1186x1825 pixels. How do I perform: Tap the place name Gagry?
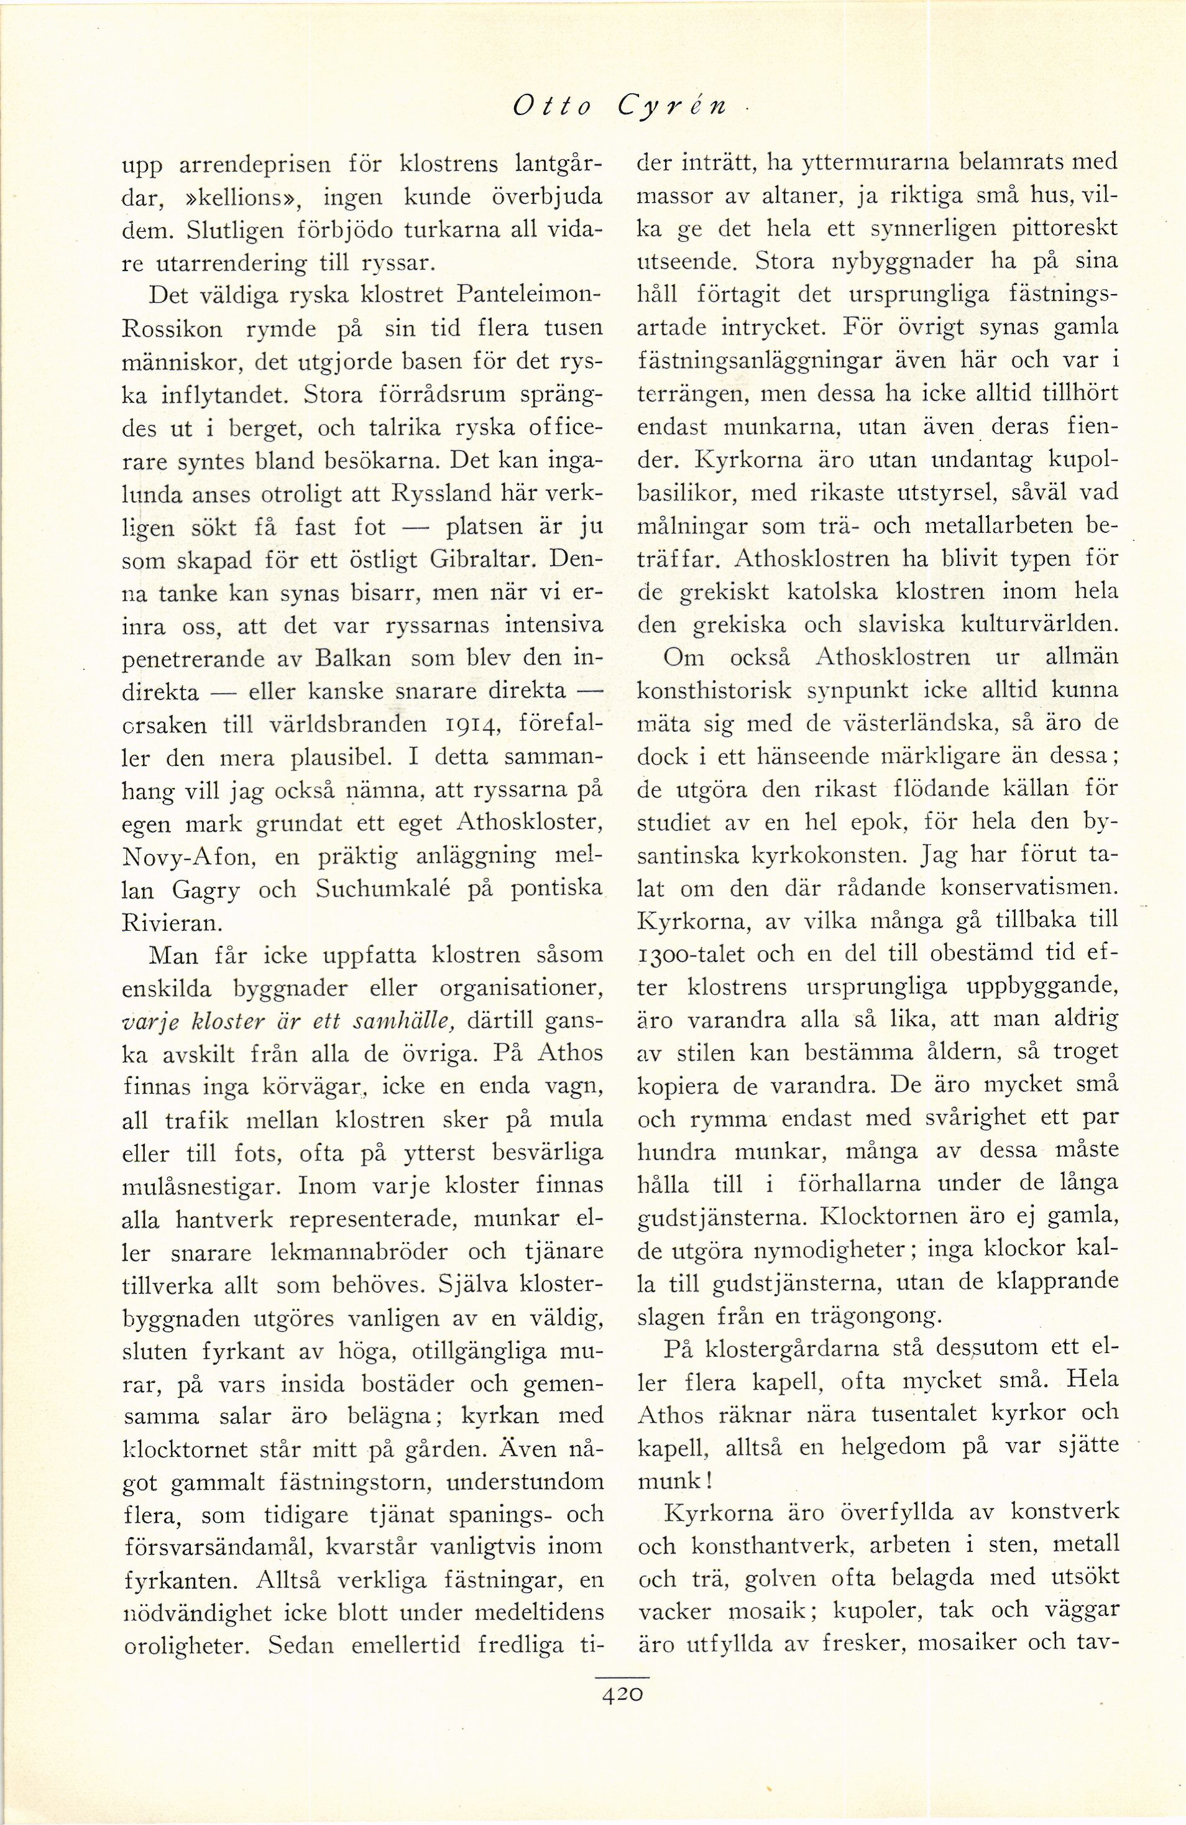coord(200,890)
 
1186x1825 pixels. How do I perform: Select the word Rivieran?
coord(170,923)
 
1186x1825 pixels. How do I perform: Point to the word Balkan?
coord(355,658)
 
